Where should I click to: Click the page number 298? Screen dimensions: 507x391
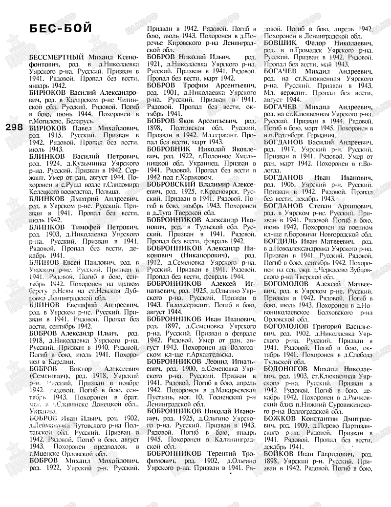point(14,127)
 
